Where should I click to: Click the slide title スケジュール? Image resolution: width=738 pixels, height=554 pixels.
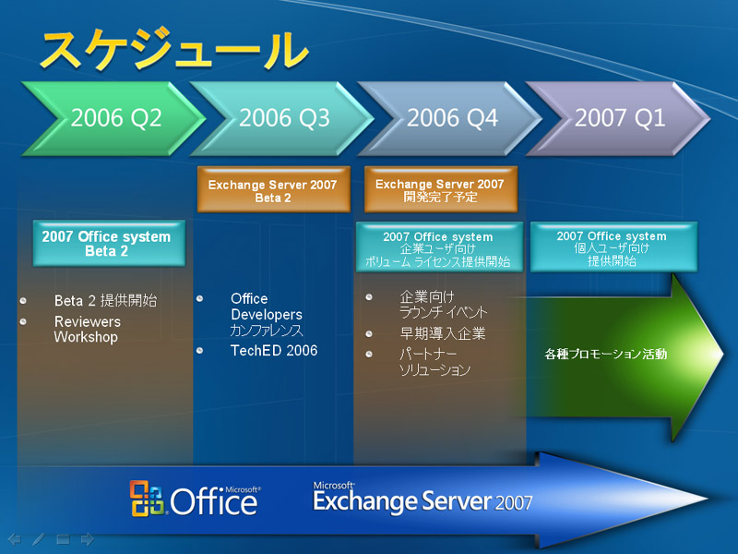tap(174, 50)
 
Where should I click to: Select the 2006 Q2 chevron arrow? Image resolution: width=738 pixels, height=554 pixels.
tap(113, 118)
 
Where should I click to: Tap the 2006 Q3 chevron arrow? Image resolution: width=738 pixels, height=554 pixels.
tap(281, 118)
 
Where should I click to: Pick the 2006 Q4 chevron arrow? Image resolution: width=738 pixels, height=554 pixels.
tap(449, 118)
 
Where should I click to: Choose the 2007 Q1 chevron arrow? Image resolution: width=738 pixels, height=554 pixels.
tap(617, 118)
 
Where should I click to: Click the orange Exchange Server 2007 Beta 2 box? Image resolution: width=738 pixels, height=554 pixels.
tap(273, 189)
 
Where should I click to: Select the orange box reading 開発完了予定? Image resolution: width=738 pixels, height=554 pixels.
tap(441, 189)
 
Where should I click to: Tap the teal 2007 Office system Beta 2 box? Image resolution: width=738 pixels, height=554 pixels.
tap(109, 243)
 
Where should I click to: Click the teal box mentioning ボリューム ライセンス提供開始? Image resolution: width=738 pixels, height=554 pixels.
tap(439, 247)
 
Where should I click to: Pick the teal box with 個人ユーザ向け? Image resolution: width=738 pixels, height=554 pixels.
tap(613, 247)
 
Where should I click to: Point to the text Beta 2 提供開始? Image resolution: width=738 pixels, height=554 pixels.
tap(105, 301)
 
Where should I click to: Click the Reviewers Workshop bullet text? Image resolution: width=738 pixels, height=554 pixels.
tap(87, 330)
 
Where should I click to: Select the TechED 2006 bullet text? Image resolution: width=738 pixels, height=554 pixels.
tap(274, 351)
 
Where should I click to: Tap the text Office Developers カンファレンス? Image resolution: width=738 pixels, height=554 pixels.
tap(267, 314)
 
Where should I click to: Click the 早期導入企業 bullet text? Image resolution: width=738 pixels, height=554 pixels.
tap(443, 333)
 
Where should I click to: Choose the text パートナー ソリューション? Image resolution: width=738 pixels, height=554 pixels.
tap(434, 362)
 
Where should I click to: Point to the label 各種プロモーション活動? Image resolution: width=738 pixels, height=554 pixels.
tap(606, 354)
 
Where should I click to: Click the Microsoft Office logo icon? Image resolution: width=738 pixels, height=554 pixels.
tap(147, 499)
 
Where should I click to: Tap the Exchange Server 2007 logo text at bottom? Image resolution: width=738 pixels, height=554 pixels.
tap(423, 498)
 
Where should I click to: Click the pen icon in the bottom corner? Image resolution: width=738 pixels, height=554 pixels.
tap(39, 539)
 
